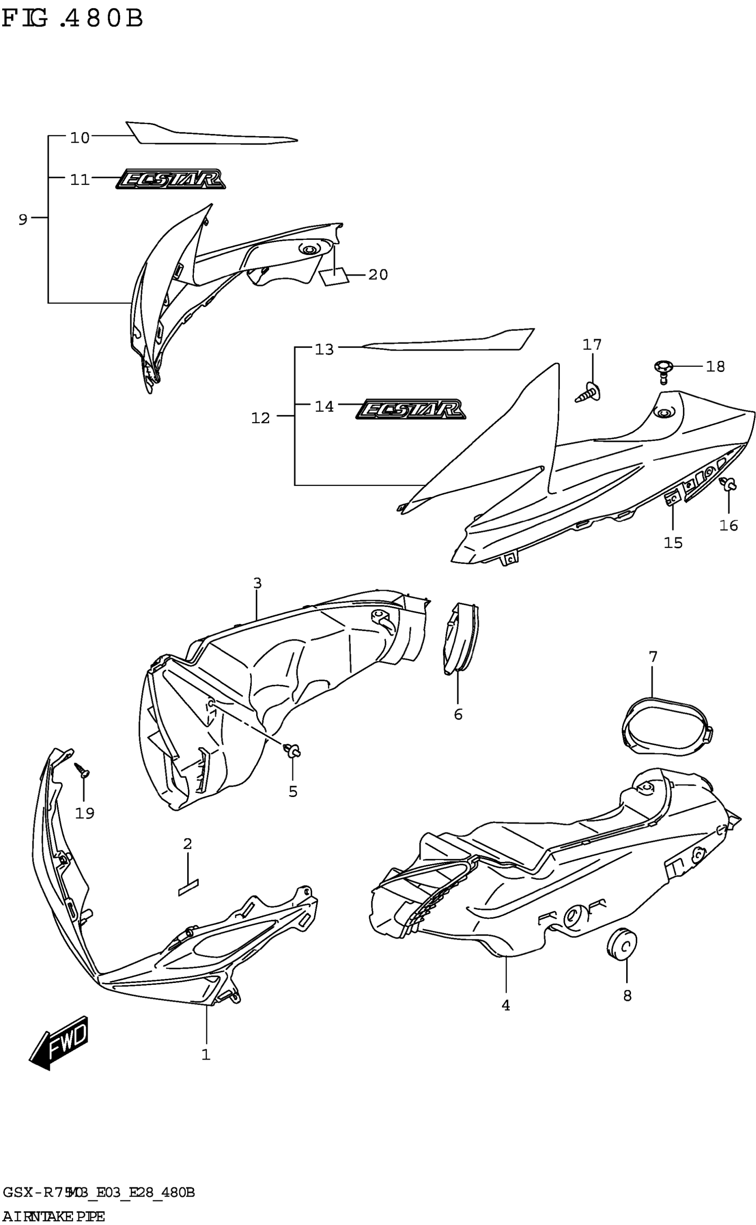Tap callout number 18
pyautogui.click(x=715, y=367)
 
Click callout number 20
pyautogui.click(x=378, y=275)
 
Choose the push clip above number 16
pyautogui.click(x=729, y=484)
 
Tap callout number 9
pyautogui.click(x=23, y=219)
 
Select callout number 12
pyautogui.click(x=261, y=418)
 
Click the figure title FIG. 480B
pyautogui.click(x=72, y=19)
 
